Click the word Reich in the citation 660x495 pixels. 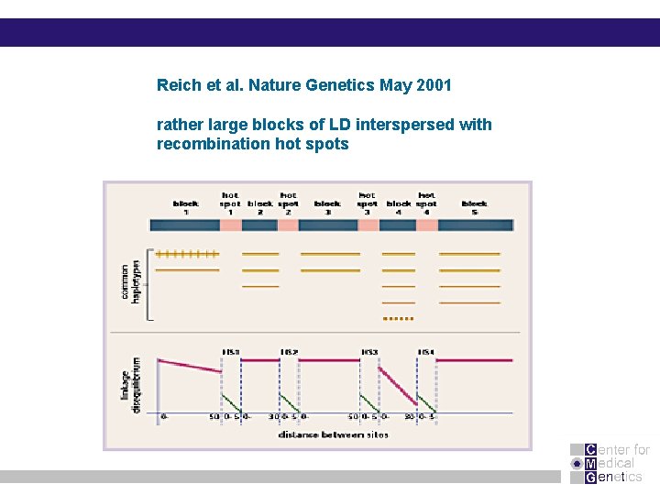(178, 85)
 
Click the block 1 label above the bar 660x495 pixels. (186, 206)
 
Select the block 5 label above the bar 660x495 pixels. (474, 206)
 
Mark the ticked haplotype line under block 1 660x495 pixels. (188, 253)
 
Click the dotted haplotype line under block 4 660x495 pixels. (397, 318)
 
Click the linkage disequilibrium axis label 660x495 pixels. (131, 385)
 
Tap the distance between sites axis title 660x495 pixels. (333, 434)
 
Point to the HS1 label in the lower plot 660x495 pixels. (231, 350)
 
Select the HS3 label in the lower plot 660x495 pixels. (368, 350)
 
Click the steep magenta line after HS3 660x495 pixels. (398, 384)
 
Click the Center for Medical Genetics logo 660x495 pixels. (610, 463)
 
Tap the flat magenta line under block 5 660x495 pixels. (473, 360)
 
